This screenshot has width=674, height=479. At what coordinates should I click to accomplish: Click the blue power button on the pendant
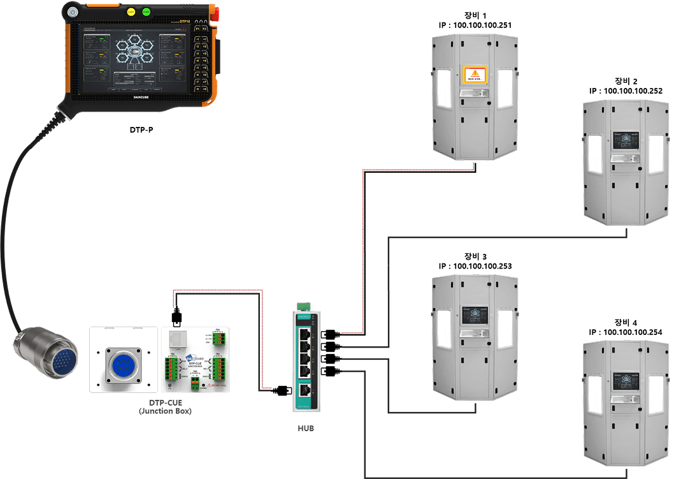pos(73,12)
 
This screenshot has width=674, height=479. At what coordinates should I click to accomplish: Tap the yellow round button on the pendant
pos(131,11)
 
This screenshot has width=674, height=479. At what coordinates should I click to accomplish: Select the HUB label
pos(305,428)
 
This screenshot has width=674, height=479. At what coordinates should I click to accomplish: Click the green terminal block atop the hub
pos(306,307)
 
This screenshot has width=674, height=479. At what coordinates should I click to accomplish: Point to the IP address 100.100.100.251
pos(475,25)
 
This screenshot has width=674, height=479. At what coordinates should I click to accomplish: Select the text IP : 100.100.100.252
pos(626,91)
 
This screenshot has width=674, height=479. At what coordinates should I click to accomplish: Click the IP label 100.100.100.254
pos(626,332)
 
